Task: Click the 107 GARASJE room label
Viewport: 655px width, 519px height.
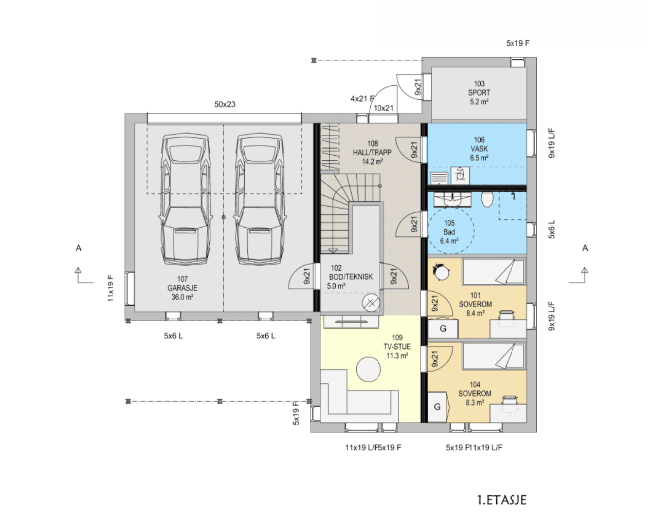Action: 183,288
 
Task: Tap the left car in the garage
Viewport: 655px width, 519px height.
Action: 186,199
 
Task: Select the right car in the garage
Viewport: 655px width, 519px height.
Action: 260,199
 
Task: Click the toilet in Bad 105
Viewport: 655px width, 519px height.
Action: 487,199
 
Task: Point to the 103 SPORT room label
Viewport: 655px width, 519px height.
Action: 479,92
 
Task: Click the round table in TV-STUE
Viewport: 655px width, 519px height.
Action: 368,369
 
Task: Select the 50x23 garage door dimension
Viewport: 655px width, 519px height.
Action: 225,104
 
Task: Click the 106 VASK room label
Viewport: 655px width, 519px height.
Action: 479,149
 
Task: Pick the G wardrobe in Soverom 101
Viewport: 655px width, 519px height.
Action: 443,328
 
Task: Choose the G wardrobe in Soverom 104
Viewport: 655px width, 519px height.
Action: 438,407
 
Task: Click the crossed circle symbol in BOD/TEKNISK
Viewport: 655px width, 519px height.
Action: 371,303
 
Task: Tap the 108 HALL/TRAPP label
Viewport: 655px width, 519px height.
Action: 372,153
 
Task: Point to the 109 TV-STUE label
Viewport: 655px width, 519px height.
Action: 397,346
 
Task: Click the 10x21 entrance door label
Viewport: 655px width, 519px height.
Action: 384,108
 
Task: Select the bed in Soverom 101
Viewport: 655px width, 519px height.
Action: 494,272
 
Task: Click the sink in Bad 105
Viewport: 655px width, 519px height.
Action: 452,199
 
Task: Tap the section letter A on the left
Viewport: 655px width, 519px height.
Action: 79,248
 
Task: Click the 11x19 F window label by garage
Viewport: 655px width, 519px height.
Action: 111,288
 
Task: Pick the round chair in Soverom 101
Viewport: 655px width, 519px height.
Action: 441,273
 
